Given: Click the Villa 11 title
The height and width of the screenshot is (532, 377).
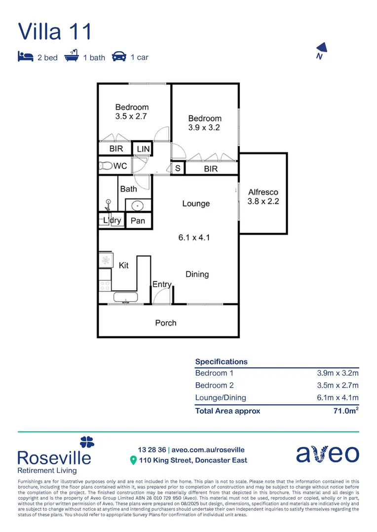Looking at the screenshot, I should (x=55, y=31).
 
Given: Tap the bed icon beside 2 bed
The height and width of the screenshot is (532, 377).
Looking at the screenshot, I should (x=25, y=56).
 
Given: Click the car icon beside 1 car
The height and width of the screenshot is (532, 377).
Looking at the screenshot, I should (x=118, y=56).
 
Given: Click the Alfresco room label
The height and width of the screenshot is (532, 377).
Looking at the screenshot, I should (x=263, y=192).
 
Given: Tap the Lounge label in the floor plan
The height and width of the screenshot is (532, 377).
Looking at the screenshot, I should (x=196, y=203).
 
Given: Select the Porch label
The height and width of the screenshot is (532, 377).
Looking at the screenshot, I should (x=165, y=323).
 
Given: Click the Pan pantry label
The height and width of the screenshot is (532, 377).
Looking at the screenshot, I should (x=138, y=221).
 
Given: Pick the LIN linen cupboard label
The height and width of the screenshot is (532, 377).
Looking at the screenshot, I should (x=143, y=149).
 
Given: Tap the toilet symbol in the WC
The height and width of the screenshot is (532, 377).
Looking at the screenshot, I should (x=106, y=166).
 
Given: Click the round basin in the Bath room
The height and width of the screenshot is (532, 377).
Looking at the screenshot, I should (x=138, y=205).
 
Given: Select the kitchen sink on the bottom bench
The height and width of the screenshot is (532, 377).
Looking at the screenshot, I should (x=125, y=297).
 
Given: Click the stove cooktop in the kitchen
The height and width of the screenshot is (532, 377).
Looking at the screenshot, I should (x=105, y=285).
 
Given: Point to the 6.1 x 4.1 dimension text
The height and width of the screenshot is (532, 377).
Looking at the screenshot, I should (x=194, y=237).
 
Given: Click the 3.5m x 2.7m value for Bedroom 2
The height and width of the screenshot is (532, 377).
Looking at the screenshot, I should (x=338, y=385).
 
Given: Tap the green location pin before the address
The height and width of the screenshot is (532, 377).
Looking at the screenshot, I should (x=133, y=461).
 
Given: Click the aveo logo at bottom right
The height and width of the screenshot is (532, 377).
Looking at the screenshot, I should (x=327, y=454).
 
